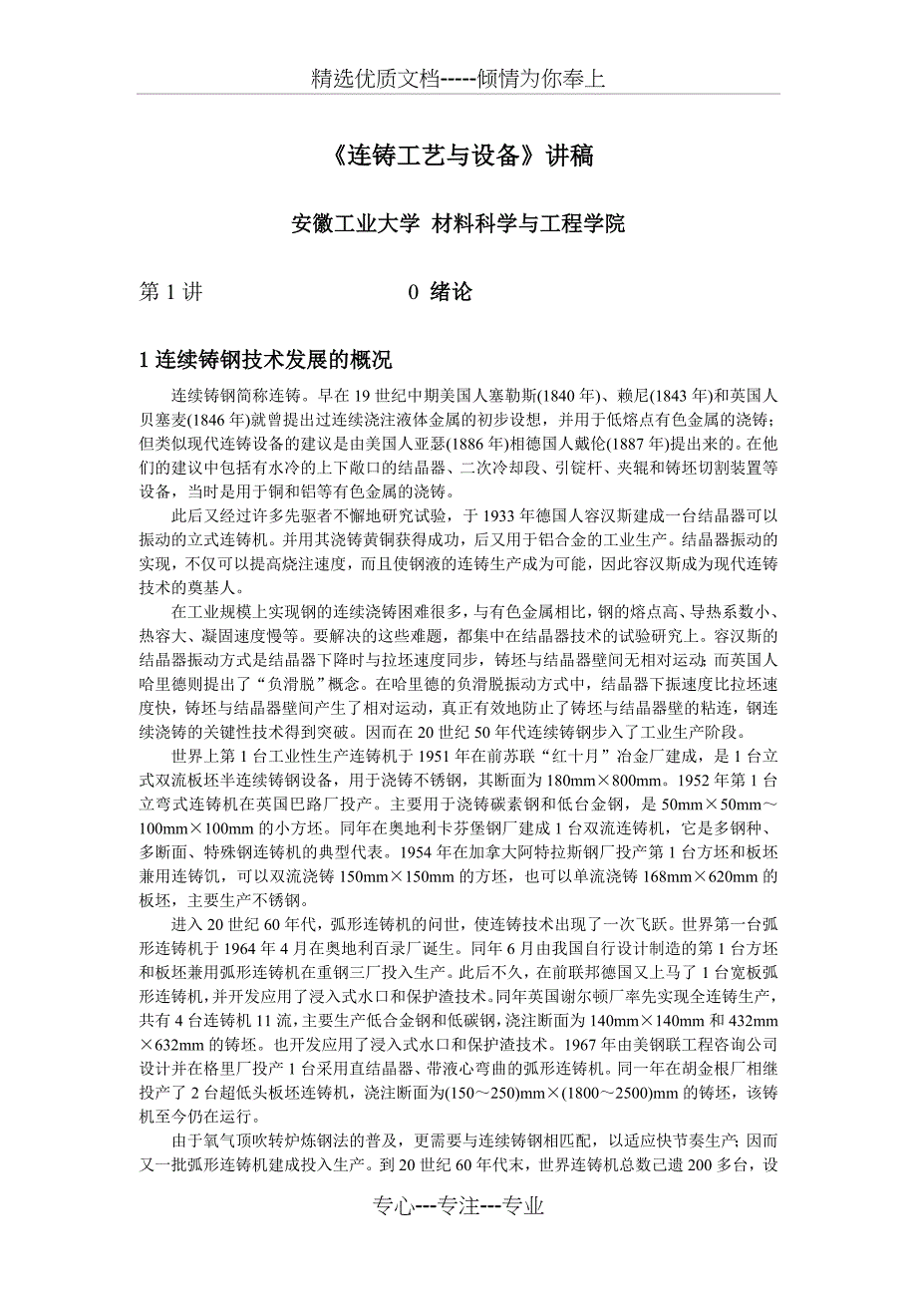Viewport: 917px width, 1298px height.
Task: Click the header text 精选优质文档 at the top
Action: [375, 79]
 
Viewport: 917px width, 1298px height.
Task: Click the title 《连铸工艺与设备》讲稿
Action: [458, 157]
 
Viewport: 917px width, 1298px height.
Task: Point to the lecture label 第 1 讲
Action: [170, 292]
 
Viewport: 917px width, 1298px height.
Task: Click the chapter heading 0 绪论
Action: [440, 292]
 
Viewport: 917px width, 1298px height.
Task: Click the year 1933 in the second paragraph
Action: [497, 515]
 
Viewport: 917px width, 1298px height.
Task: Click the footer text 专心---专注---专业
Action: [458, 1206]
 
